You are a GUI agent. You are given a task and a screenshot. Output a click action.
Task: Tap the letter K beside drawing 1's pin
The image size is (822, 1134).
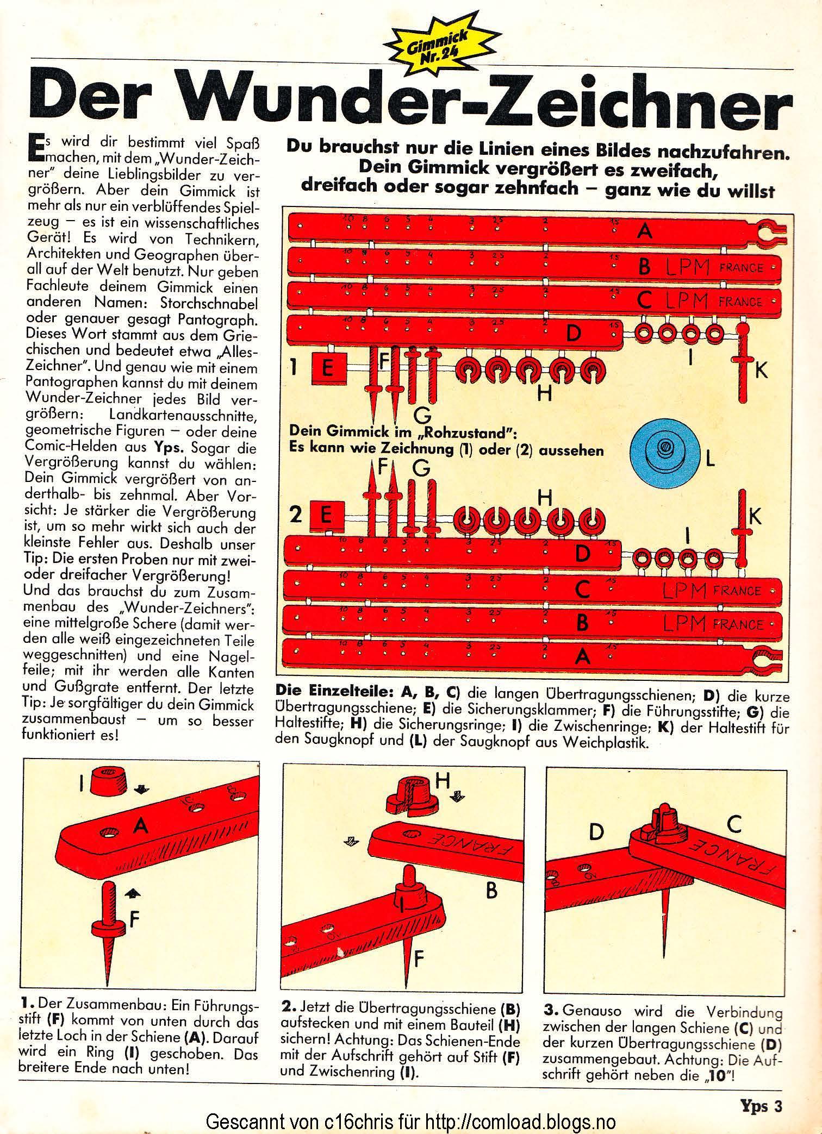pyautogui.click(x=761, y=371)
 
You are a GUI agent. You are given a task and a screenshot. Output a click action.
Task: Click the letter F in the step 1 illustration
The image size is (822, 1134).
pyautogui.click(x=134, y=918)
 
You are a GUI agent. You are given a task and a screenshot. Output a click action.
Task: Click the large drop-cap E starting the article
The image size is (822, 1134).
pyautogui.click(x=33, y=148)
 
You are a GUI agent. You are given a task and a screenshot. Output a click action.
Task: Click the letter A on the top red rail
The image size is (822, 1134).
pyautogui.click(x=644, y=232)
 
